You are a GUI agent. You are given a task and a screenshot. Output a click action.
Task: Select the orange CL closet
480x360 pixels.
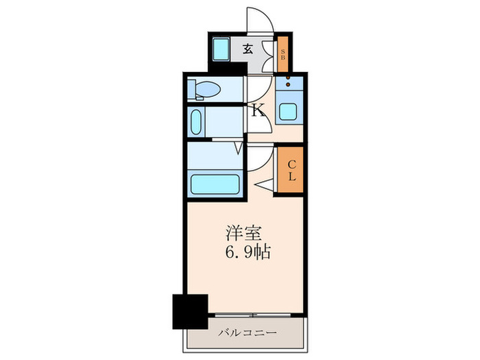pyautogui.click(x=291, y=170)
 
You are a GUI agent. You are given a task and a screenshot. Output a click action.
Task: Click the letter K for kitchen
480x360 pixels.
pyautogui.click(x=258, y=110)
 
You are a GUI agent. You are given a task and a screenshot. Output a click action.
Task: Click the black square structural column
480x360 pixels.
pyautogui.click(x=189, y=311)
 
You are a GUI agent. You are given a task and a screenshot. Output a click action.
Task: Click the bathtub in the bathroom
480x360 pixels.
pyautogui.click(x=215, y=184)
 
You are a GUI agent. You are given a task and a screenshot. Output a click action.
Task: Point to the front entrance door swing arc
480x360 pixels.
pyautogui.click(x=261, y=19)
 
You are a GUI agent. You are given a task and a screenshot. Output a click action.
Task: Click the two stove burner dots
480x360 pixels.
pyautogui.click(x=289, y=84)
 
